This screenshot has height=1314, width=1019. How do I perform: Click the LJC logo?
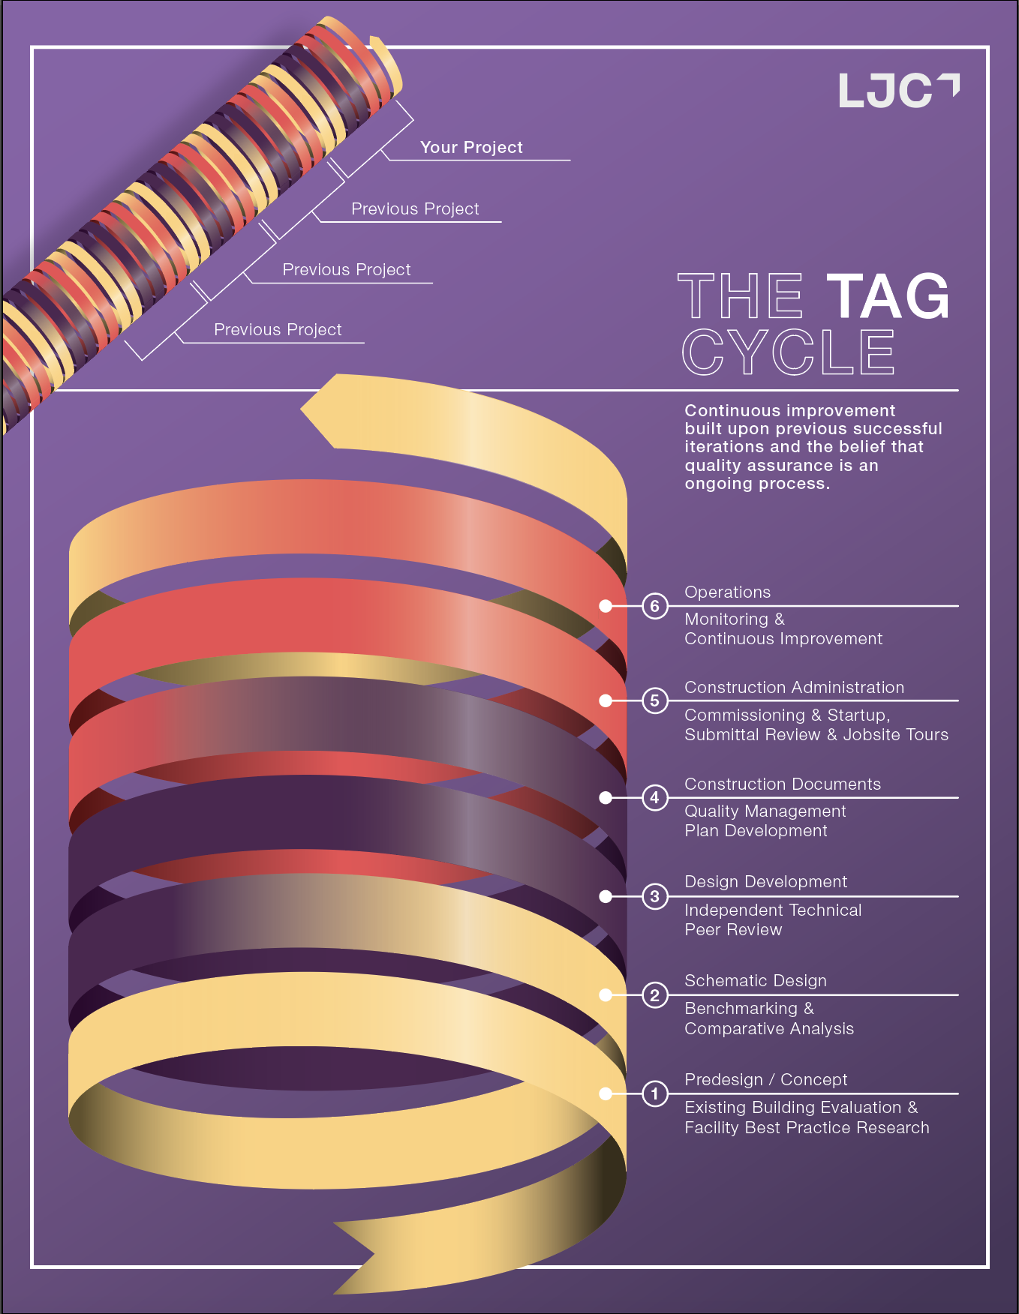coord(897,91)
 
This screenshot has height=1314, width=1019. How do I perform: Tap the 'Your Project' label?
coord(471,148)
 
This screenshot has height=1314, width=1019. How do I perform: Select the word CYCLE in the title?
coord(788,352)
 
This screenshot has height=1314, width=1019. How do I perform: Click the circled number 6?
coord(655,606)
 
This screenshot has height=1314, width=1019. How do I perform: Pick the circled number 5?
coord(655,700)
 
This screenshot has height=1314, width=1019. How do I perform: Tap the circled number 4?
coord(655,797)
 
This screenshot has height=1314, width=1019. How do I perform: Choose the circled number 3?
coord(655,896)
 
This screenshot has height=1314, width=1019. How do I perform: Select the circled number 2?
coord(655,995)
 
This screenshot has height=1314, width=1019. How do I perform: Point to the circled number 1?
coord(655,1093)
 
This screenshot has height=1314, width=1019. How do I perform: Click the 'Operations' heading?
coord(727,592)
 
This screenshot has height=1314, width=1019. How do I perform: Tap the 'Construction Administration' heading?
coord(794,688)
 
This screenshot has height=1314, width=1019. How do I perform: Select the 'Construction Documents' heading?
coord(783,784)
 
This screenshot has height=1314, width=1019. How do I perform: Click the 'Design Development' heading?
coord(765,882)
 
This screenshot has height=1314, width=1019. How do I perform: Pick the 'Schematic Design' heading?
coord(755,981)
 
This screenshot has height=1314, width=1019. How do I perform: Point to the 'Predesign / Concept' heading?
coord(765,1080)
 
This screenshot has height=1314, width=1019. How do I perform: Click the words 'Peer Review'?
coord(733,930)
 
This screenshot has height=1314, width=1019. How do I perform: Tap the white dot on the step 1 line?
coord(606,1093)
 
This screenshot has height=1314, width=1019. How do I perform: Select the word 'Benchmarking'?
coord(741,1009)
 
